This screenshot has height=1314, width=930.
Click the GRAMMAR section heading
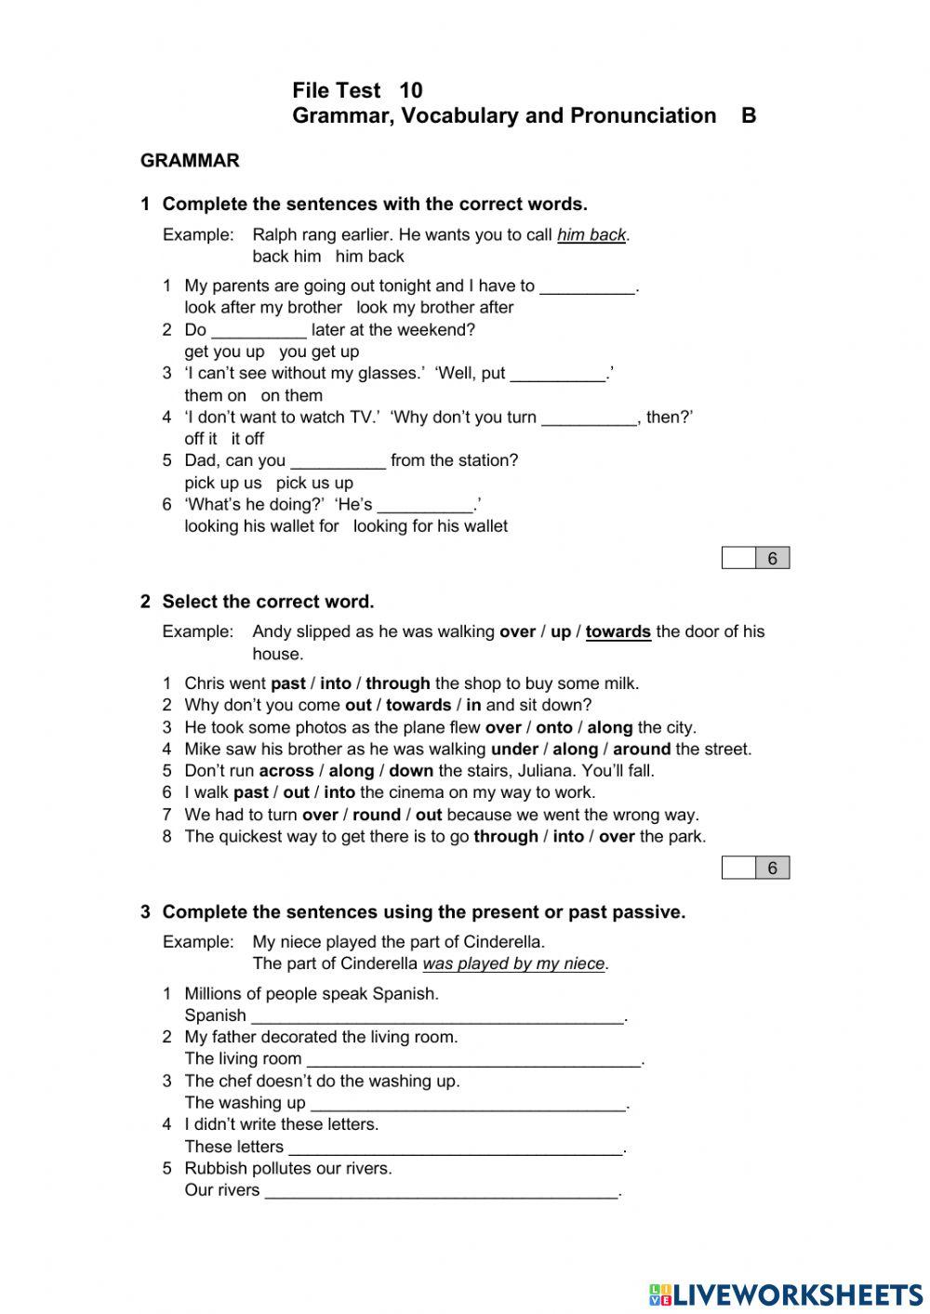pyautogui.click(x=190, y=161)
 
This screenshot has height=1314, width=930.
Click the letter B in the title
pyautogui.click(x=749, y=116)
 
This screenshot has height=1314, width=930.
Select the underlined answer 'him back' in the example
pyautogui.click(x=591, y=235)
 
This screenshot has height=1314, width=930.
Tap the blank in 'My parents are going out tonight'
pyautogui.click(x=587, y=286)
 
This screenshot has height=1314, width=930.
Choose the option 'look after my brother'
pyautogui.click(x=263, y=308)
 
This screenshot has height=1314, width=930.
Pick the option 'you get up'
pyautogui.click(x=319, y=352)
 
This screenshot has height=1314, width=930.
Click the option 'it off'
pyautogui.click(x=247, y=439)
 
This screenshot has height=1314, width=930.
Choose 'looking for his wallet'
pyautogui.click(x=430, y=526)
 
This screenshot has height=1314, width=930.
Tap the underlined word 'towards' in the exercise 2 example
pyautogui.click(x=618, y=632)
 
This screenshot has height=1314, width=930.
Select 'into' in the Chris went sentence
pyautogui.click(x=336, y=684)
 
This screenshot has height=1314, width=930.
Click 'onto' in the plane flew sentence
pyautogui.click(x=554, y=727)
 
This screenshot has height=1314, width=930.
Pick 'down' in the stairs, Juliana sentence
pyautogui.click(x=411, y=771)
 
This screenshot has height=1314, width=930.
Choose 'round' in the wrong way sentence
pyautogui.click(x=377, y=815)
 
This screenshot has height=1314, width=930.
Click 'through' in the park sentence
pyautogui.click(x=506, y=836)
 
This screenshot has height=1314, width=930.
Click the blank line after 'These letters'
pyautogui.click(x=455, y=1148)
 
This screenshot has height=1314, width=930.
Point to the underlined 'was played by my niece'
pyautogui.click(x=513, y=964)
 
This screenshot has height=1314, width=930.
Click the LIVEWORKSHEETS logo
pyautogui.click(x=786, y=1294)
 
